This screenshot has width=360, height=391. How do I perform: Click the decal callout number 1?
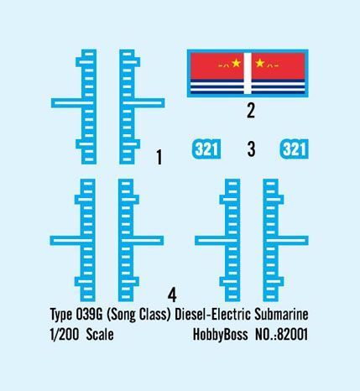pyautogui.click(x=159, y=157)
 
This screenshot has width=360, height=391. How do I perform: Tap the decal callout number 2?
pyautogui.click(x=251, y=111)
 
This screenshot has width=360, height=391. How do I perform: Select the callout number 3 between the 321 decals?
pyautogui.click(x=251, y=149)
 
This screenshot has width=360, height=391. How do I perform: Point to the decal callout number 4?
pyautogui.click(x=172, y=295)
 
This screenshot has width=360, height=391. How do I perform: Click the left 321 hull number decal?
pyautogui.click(x=206, y=149)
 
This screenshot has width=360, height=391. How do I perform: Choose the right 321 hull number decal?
pyautogui.click(x=294, y=149)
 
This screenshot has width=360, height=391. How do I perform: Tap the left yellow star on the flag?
pyautogui.click(x=236, y=63)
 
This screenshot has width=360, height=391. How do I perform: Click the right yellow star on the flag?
pyautogui.click(x=260, y=63)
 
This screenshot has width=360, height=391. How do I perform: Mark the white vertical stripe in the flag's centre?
pyautogui.click(x=248, y=73)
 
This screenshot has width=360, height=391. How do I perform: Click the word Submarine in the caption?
pyautogui.click(x=281, y=315)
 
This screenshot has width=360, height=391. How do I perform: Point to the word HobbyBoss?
pyautogui.click(x=221, y=335)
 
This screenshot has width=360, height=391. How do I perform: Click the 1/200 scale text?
pyautogui.click(x=65, y=335)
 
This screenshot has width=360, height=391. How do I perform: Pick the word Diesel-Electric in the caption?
pyautogui.click(x=212, y=315)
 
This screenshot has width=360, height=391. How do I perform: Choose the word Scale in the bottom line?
pyautogui.click(x=100, y=335)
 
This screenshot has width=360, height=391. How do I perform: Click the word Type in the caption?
pyautogui.click(x=61, y=315)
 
